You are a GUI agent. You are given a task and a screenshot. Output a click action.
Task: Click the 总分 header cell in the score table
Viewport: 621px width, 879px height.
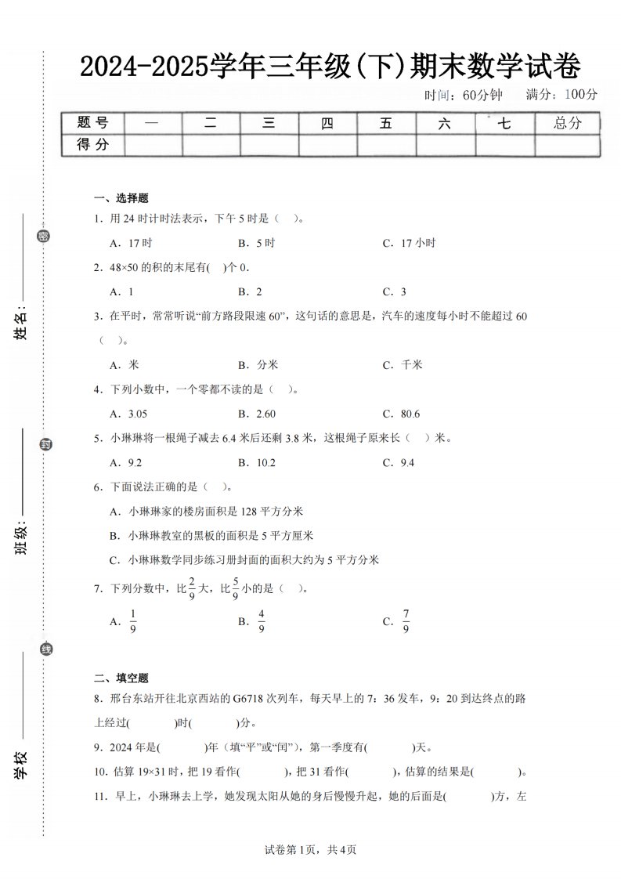[568, 123]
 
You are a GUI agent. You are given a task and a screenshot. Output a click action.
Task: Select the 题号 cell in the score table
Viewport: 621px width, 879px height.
[92, 123]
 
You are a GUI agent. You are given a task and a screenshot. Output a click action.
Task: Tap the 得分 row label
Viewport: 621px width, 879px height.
[92, 144]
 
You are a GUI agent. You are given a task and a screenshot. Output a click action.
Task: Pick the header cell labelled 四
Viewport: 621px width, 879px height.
[327, 123]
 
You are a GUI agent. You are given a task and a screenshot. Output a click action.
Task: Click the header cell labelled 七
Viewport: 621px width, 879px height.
[504, 123]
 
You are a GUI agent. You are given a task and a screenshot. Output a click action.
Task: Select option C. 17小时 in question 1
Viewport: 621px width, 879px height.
[409, 243]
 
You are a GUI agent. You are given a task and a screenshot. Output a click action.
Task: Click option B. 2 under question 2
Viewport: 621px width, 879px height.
[250, 291]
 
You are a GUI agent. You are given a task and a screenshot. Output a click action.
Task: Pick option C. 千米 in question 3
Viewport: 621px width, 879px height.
[403, 364]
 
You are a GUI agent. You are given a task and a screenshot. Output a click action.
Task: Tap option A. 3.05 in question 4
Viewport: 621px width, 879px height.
[129, 414]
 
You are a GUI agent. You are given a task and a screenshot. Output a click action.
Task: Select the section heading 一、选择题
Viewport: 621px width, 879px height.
[121, 198]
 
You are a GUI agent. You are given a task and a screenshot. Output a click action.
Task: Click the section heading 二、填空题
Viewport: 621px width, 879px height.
[121, 678]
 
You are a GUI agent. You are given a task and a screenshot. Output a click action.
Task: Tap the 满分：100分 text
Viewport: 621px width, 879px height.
[561, 95]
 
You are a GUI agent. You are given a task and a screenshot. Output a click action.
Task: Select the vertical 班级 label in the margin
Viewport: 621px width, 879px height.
[21, 540]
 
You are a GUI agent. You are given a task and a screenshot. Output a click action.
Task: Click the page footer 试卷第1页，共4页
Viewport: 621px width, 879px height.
[311, 849]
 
